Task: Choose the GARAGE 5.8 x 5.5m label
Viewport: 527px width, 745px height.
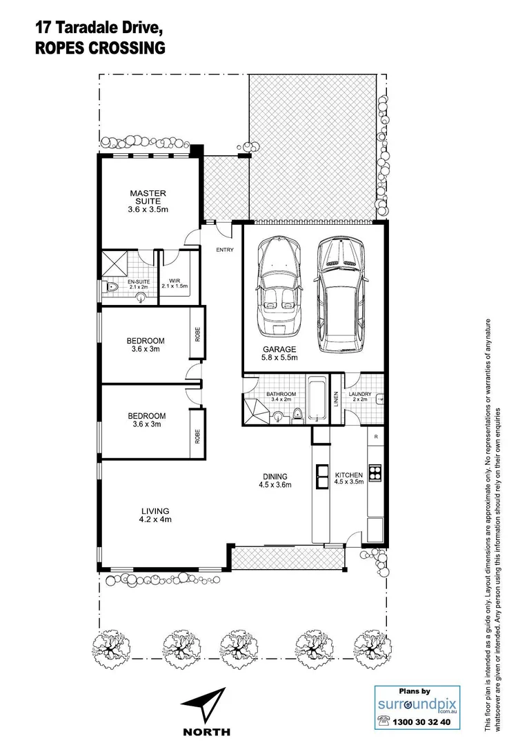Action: click(279, 353)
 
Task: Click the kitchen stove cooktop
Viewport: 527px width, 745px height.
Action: click(376, 473)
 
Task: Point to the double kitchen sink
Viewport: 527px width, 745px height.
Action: click(322, 473)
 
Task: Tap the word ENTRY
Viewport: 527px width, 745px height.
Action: click(225, 250)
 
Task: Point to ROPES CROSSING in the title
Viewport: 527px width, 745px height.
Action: click(100, 48)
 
